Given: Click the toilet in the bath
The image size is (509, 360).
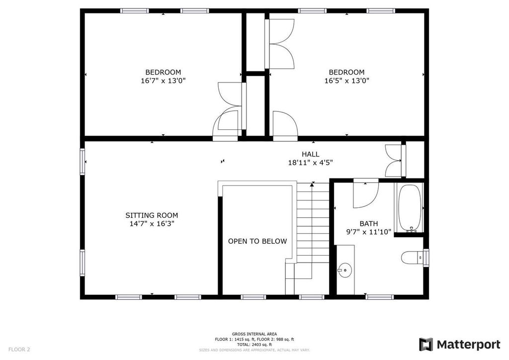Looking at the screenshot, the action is point(412,258).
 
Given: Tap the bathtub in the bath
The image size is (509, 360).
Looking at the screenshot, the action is point(410,208).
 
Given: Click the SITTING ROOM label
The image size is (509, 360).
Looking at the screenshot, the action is point(152,215).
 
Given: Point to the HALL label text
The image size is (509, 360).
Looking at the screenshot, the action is point(310,154).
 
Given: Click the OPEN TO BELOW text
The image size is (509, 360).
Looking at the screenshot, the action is point(257,241).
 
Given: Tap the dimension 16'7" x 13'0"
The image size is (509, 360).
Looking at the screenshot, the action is point(163,81).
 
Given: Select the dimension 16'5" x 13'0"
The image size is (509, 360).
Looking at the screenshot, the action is point(346,81).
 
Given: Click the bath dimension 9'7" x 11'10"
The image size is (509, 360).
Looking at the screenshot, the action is point(369,232).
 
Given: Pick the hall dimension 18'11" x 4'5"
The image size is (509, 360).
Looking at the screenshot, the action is point(310,163).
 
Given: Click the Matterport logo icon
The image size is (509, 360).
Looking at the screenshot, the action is point(425,345).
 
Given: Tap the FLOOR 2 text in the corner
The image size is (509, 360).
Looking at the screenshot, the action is point(19,350).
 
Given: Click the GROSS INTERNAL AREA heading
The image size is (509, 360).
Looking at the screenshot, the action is point(254,334).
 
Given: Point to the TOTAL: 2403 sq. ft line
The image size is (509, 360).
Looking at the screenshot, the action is point(254,345).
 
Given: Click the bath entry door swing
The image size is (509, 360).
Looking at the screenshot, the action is point(366,195).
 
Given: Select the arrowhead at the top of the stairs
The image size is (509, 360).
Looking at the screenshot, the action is point(312,184).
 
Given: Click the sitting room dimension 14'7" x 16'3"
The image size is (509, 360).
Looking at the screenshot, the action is point(152,224).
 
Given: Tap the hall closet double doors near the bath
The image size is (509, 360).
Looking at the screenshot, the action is point(394,161).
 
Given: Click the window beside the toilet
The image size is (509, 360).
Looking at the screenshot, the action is point(426,258).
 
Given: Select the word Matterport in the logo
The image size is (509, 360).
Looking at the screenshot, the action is point(468,345).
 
